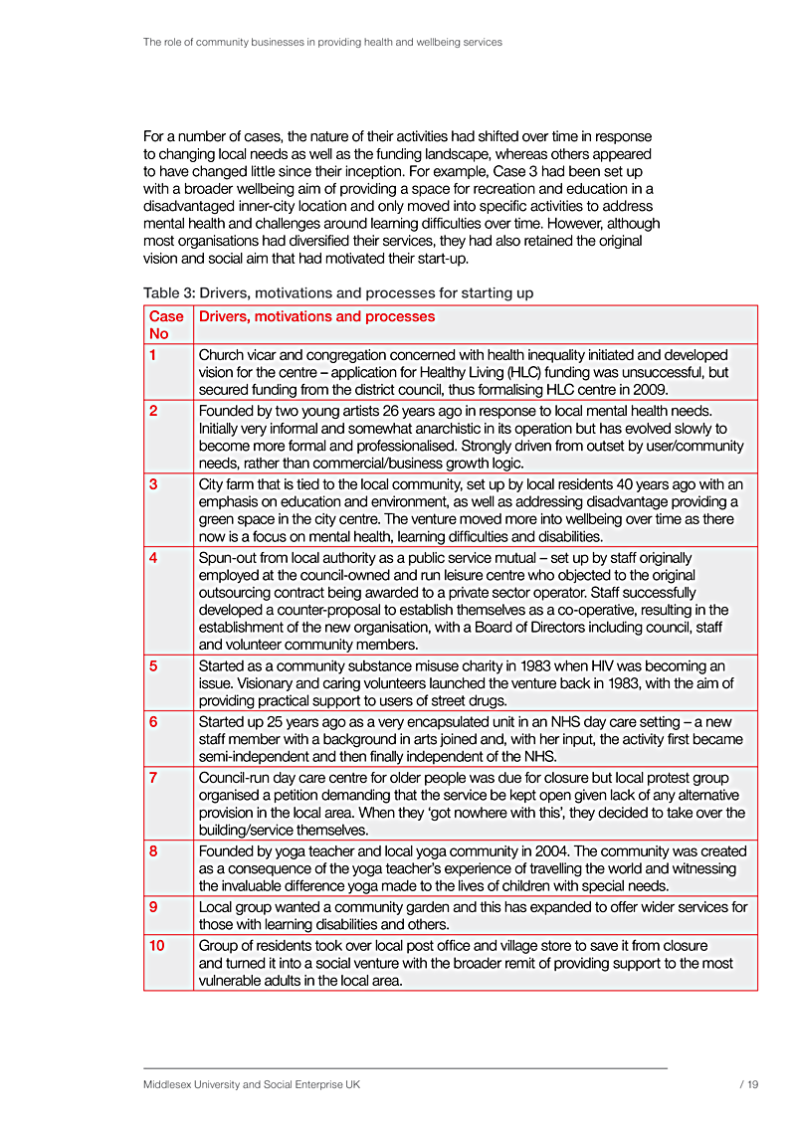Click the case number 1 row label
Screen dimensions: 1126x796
[x=153, y=355]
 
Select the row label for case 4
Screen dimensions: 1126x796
[x=153, y=558]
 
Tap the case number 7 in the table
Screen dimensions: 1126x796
[x=153, y=777]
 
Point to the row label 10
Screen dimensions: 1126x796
[x=157, y=945]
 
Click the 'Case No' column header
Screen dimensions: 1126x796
[x=166, y=325]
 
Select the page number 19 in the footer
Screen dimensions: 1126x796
[x=752, y=1084]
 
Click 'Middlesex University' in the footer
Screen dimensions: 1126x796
[x=198, y=1084]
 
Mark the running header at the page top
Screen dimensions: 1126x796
[x=322, y=43]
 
